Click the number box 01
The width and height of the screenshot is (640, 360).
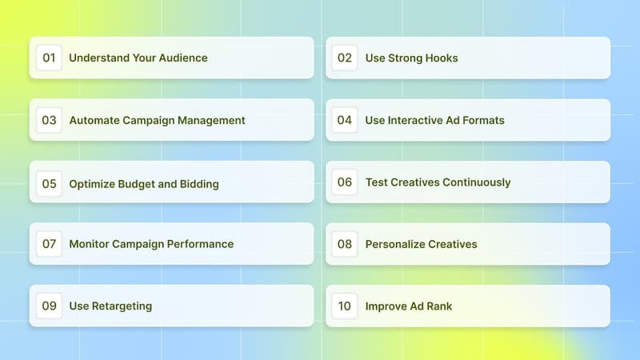point(49,58)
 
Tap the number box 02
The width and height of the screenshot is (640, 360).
point(345,58)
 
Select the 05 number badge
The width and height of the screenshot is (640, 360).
point(49,183)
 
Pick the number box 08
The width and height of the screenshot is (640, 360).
point(345,244)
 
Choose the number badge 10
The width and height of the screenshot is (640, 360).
point(345,306)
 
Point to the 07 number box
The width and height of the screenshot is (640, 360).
point(49,244)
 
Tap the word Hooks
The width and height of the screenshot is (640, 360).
point(441,58)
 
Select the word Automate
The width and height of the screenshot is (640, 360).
point(94,120)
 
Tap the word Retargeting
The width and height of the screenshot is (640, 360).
point(122,306)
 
